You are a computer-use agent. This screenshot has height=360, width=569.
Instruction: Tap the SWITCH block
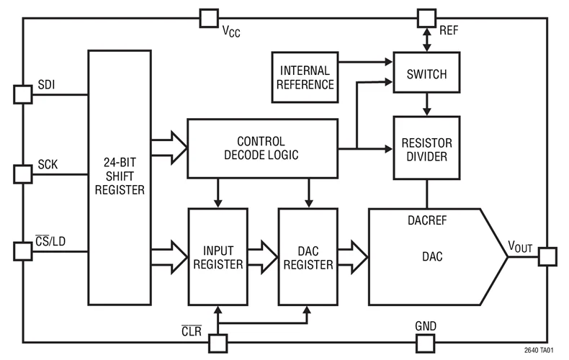(426, 73)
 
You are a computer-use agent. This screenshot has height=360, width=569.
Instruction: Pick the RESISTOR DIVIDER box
(426, 148)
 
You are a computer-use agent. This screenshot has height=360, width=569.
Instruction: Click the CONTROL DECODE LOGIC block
(262, 148)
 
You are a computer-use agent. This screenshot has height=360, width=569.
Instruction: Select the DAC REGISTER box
(308, 256)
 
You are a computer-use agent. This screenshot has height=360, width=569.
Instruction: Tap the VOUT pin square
(547, 256)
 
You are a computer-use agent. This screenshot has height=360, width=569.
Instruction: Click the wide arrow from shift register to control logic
(169, 148)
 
